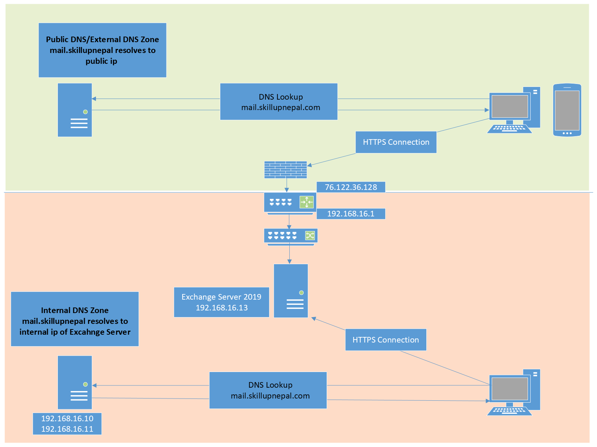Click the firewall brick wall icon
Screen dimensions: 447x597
285,170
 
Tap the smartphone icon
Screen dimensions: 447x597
567,110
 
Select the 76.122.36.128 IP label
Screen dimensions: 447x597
351,187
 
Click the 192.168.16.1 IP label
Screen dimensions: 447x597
351,214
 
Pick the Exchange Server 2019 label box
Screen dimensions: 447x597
221,302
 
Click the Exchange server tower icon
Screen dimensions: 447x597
291,291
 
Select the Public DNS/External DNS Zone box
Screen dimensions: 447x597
102,50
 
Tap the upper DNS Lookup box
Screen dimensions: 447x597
279,101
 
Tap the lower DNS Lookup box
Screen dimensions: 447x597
268,390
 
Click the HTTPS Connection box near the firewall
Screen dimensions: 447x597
396,142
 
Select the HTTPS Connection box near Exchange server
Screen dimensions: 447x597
386,340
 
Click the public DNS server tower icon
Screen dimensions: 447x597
75,110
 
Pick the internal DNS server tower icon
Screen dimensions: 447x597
75,382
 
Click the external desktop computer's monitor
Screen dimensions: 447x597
510,107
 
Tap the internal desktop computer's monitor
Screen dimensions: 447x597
510,389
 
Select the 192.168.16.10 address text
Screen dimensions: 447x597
67,419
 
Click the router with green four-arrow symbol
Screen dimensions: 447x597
290,203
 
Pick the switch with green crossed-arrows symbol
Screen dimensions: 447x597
290,236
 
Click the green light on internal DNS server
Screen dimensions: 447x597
85,384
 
